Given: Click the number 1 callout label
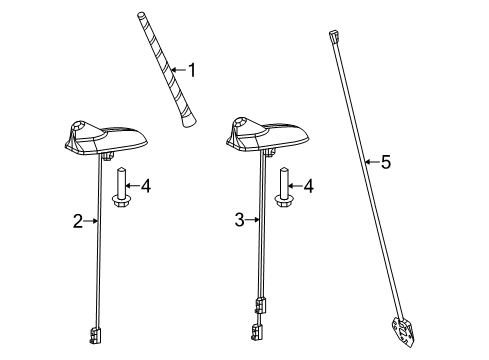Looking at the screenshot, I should tap(193, 70).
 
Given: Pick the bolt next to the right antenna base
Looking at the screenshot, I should tap(284, 190).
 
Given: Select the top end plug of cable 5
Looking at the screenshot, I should tap(331, 37).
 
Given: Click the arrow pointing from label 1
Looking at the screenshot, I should tap(178, 70).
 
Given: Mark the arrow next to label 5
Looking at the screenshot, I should tap(371, 160).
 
